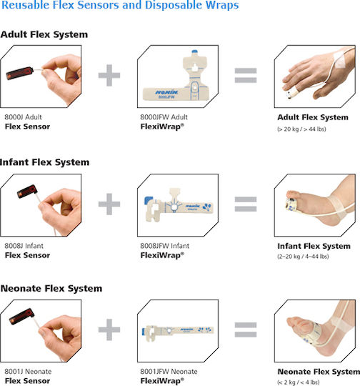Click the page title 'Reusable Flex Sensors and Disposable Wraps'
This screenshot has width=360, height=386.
(x=120, y=5)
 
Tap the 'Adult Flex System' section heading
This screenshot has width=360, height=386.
(x=44, y=34)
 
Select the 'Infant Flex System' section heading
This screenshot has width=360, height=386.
(x=44, y=162)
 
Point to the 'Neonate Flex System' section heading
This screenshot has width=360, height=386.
(x=51, y=288)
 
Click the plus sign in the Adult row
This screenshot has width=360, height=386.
(x=109, y=75)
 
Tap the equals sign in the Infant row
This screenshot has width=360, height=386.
(x=246, y=204)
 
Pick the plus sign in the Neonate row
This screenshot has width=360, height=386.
(x=109, y=330)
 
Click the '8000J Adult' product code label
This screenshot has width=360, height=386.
(x=23, y=117)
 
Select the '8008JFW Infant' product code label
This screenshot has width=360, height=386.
(x=164, y=246)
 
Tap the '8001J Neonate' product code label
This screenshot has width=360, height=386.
(x=28, y=371)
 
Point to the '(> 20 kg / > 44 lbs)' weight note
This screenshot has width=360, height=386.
(x=301, y=129)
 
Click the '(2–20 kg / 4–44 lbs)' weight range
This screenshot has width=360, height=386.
(x=303, y=257)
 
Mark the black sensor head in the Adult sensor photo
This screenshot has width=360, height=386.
(x=19, y=74)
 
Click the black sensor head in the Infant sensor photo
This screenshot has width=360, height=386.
(x=27, y=192)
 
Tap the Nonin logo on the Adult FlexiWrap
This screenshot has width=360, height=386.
(x=166, y=92)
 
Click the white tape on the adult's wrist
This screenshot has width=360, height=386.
(x=342, y=60)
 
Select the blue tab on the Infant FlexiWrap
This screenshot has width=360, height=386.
(x=148, y=199)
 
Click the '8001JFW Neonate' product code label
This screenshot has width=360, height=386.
(x=169, y=371)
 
